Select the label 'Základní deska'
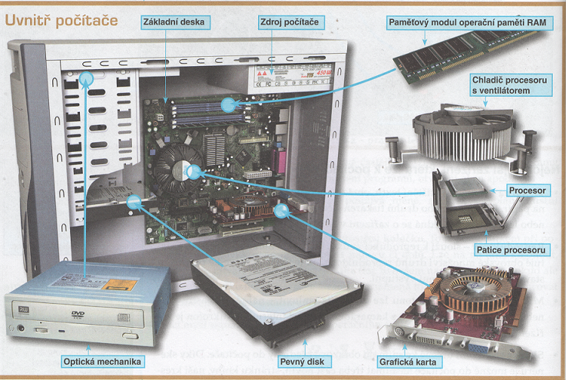(x=174, y=21)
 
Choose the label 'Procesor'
(x=528, y=190)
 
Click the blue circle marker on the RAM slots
(x=227, y=104)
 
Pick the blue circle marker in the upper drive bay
(x=87, y=78)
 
